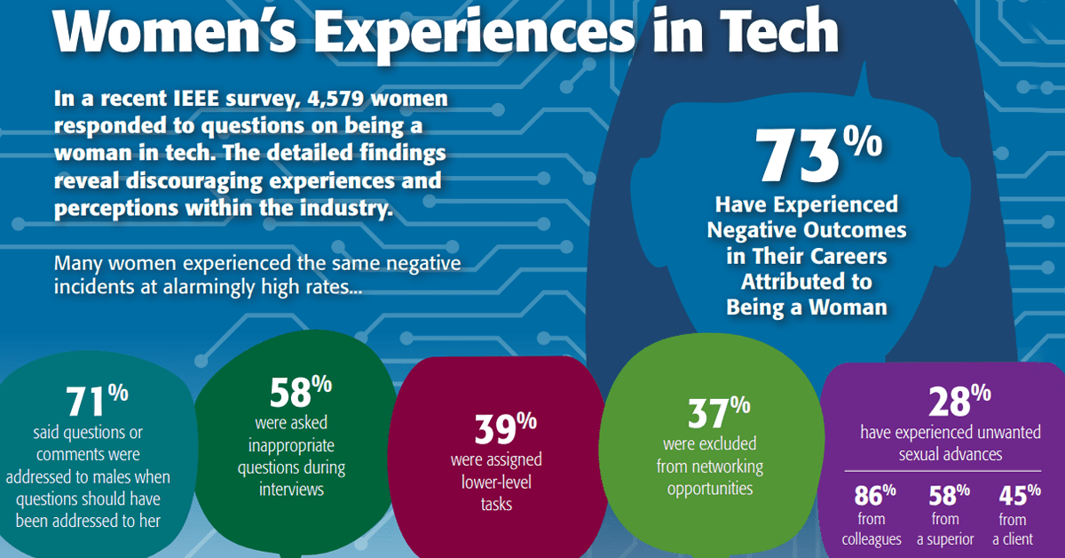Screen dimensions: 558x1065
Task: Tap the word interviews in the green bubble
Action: tap(290, 489)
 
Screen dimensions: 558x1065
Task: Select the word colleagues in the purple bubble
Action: tap(872, 538)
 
